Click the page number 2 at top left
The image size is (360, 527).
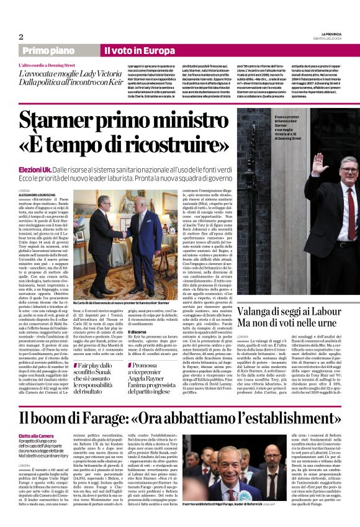pyautogui.click(x=21, y=37)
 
